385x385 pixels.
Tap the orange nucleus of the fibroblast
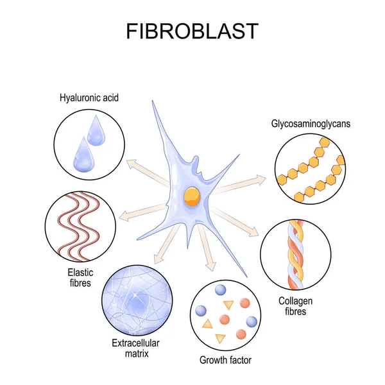(191, 194)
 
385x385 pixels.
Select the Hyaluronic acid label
(89, 98)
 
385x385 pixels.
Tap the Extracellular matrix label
(134, 348)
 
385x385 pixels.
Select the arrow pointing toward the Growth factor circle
(208, 253)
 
